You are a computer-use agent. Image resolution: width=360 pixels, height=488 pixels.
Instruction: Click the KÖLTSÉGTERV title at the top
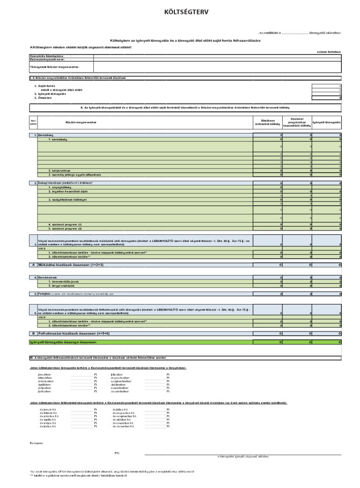tap(180, 10)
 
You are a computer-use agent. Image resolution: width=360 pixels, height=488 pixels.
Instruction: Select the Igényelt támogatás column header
tap(327, 122)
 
